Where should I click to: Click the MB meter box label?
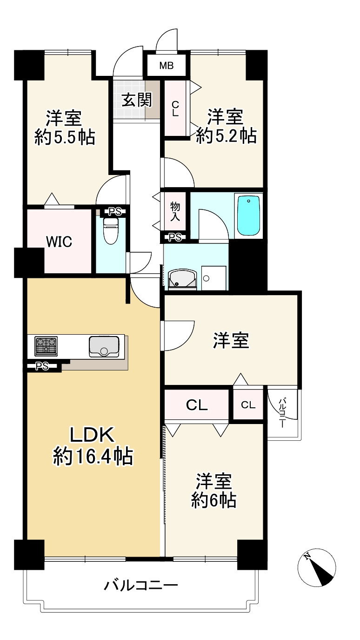(x=166, y=66)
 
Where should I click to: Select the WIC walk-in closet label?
(x=59, y=242)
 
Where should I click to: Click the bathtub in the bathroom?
(x=249, y=216)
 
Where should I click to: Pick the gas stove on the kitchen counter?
(x=46, y=346)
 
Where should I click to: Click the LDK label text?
(x=92, y=435)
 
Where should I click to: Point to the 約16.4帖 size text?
(x=93, y=457)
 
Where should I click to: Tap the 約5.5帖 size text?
(x=65, y=137)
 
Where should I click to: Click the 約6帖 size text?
(x=213, y=501)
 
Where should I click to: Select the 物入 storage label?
(x=175, y=212)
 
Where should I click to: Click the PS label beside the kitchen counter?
(x=42, y=366)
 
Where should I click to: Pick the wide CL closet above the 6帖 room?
(x=197, y=405)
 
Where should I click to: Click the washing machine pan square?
(x=213, y=278)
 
